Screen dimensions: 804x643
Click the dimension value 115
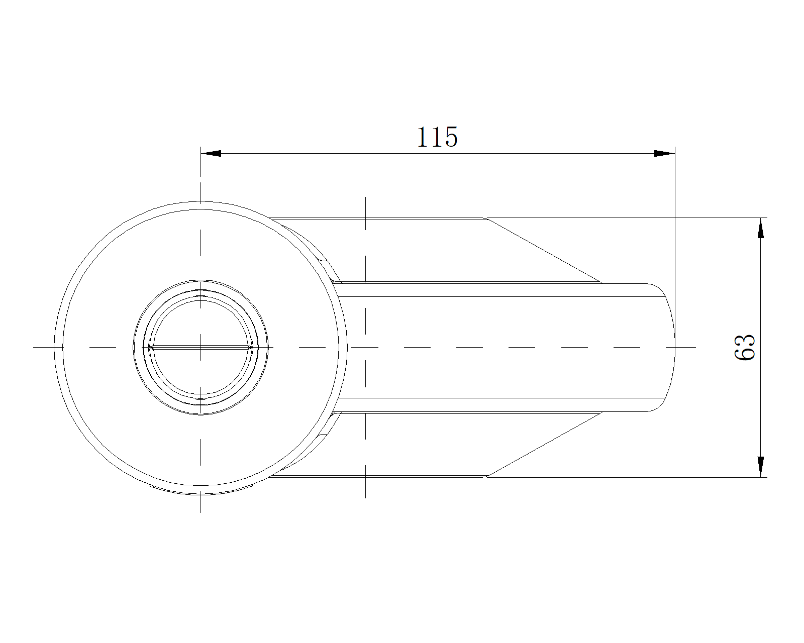[437, 137]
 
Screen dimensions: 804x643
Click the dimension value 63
[745, 347]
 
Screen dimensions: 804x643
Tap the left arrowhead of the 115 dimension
[211, 153]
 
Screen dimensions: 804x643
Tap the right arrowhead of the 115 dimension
[664, 153]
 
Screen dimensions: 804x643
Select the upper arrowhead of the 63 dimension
[760, 229]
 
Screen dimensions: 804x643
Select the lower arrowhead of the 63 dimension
[760, 467]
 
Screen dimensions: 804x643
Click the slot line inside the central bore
[200, 348]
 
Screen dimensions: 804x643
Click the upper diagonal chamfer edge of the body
[545, 250]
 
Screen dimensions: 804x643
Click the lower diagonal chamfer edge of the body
[545, 445]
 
